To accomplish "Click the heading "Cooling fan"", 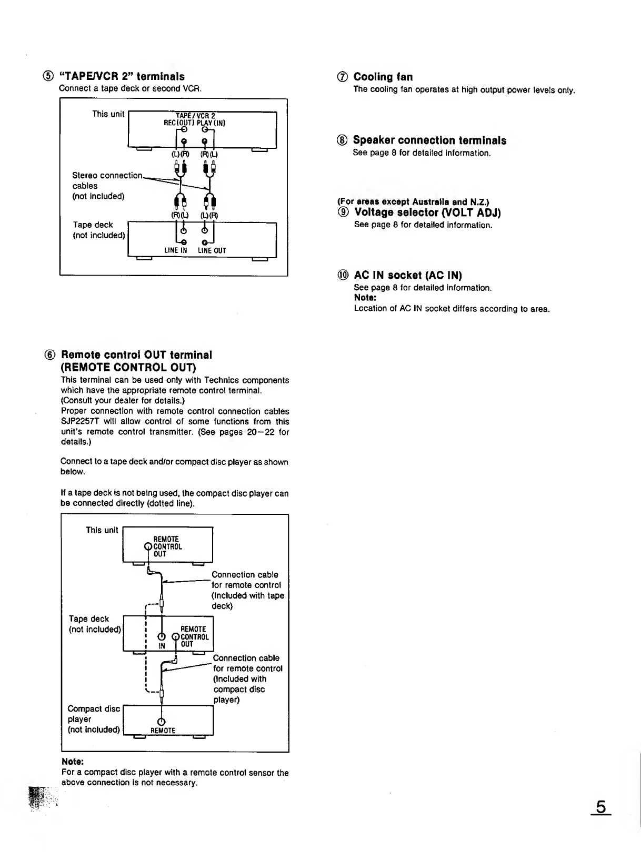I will pos(383,77).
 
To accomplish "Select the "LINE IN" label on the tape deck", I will pos(175,251).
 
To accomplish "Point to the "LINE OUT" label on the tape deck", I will pos(212,251).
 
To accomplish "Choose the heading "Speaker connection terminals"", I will pos(429,140).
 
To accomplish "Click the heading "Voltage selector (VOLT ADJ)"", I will pos(427,212).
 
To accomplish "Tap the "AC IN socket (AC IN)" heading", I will pos(408,275).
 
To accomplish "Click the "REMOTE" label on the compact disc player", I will pos(163,731).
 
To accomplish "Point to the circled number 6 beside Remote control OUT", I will pos(52,355).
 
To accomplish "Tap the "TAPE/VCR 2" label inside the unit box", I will pos(196,116).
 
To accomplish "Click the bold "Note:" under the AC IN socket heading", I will pos(365,298).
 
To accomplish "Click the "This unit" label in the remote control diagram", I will pos(102,530).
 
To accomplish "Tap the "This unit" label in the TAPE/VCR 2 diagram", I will pos(108,114).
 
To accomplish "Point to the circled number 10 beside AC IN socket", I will pos(343,275).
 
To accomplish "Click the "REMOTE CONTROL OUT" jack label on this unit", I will pos(167,546).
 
